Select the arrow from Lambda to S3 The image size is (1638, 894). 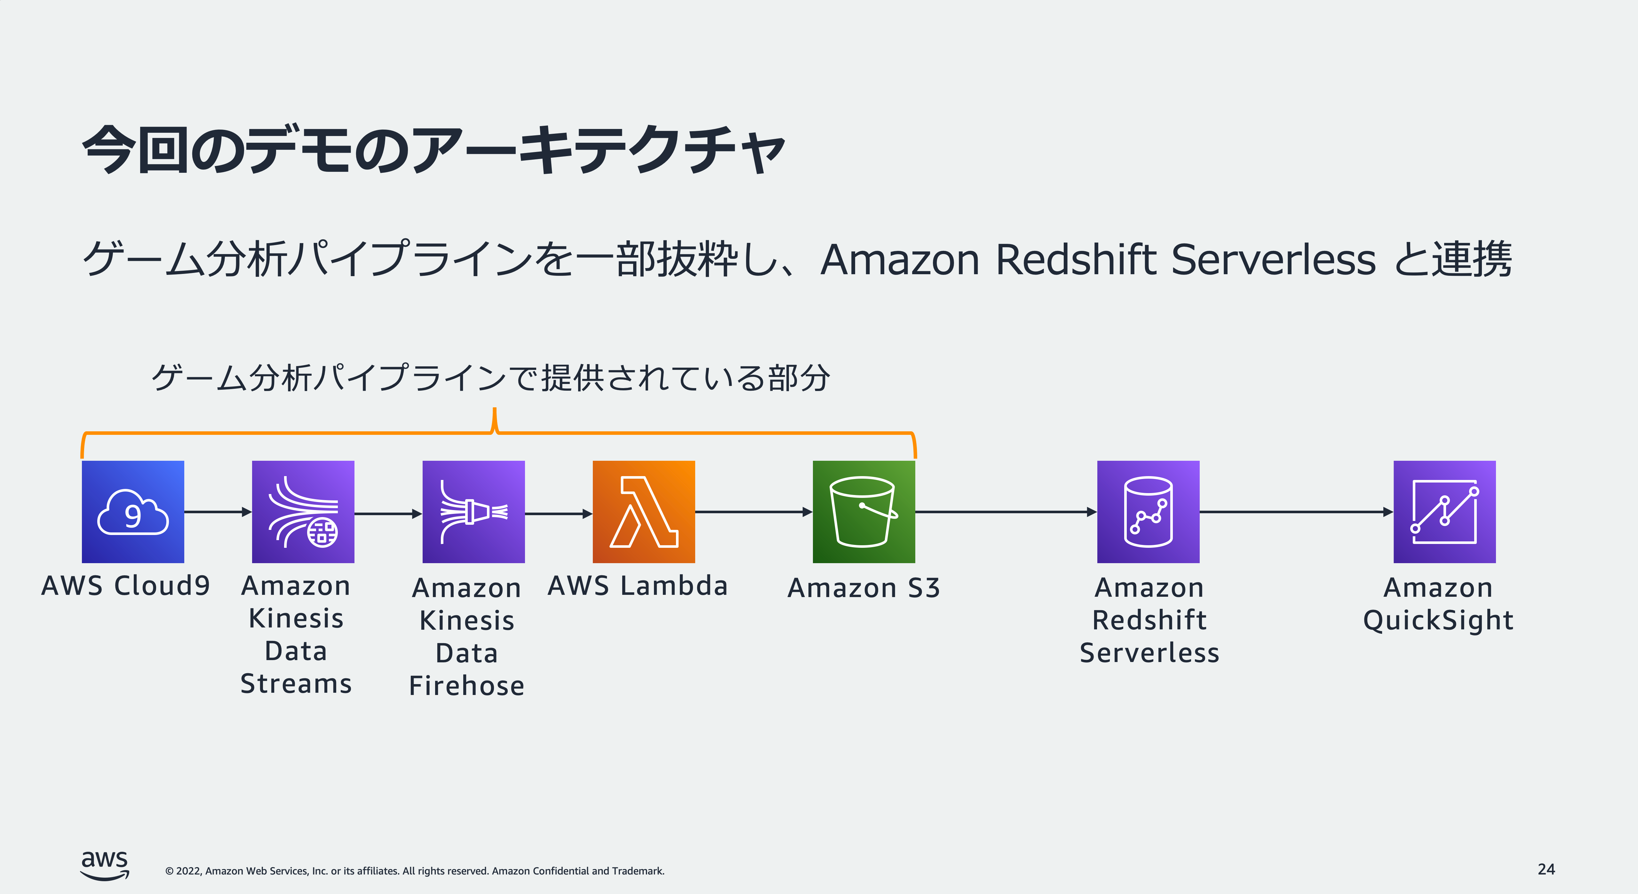tap(753, 512)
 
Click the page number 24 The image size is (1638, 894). tap(1546, 869)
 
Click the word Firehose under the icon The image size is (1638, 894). tap(467, 685)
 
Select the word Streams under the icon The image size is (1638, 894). tap(296, 683)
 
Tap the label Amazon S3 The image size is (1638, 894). tap(863, 588)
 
